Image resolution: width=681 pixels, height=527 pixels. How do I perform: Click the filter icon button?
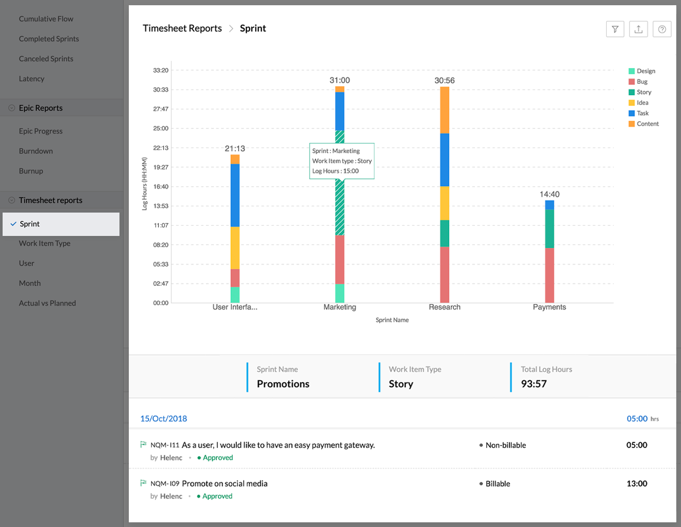(x=615, y=29)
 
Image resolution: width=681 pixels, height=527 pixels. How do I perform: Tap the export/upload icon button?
(x=638, y=29)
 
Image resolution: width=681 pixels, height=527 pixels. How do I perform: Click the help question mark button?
(x=662, y=29)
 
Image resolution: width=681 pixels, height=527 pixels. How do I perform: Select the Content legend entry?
(x=647, y=124)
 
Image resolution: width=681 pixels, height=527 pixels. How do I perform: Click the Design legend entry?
(x=646, y=71)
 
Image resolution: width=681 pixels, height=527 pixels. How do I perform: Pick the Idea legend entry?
(x=642, y=103)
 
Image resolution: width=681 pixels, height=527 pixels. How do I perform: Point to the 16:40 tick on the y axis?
(x=161, y=187)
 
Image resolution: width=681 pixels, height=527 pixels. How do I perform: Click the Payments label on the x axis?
(x=549, y=307)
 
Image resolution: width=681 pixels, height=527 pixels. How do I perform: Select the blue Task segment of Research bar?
(x=445, y=160)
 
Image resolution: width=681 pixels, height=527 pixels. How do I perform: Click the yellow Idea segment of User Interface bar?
(x=235, y=247)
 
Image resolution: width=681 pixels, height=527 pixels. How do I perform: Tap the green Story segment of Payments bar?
(x=550, y=229)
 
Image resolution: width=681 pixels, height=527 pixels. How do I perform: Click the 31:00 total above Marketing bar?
(x=340, y=81)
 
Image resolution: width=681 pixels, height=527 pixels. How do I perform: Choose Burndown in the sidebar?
(x=36, y=151)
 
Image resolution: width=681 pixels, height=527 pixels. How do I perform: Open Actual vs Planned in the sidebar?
(x=47, y=304)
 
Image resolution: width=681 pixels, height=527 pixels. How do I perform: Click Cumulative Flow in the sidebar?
(x=46, y=19)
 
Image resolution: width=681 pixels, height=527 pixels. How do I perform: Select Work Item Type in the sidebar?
(x=45, y=244)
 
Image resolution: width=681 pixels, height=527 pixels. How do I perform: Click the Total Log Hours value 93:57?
(x=534, y=384)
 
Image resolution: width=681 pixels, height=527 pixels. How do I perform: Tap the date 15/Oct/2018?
(x=164, y=419)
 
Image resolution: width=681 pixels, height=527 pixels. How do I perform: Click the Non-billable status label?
(x=505, y=445)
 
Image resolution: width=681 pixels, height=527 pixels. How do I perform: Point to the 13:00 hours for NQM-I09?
(x=637, y=484)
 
